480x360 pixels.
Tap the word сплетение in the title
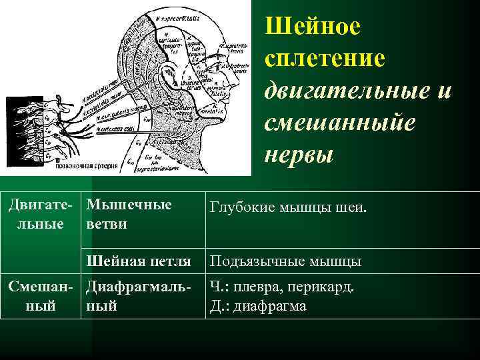[x=325, y=58]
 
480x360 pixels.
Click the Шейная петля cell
[x=139, y=261]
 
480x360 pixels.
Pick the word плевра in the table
[x=271, y=287]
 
